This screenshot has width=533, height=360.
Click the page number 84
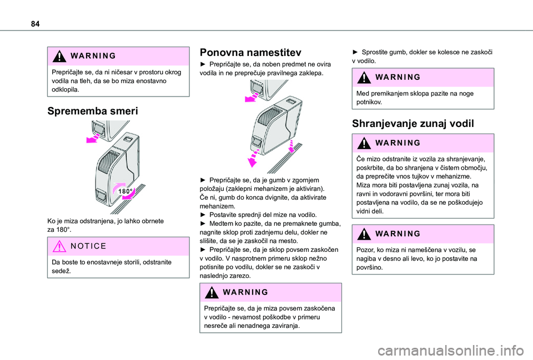click(35, 24)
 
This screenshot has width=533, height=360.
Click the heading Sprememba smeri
click(93, 111)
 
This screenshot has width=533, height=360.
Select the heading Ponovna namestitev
click(250, 53)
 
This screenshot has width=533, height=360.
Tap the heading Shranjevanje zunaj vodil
click(413, 124)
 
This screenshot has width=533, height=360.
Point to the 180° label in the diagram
click(125, 191)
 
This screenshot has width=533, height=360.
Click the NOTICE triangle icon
click(59, 246)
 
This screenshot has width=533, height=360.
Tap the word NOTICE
click(88, 246)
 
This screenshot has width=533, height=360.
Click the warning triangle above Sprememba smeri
click(59, 56)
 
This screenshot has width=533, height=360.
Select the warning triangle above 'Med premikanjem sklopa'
click(364, 78)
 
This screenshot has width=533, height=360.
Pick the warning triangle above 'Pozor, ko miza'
click(364, 234)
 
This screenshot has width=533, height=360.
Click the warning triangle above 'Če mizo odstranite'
click(364, 143)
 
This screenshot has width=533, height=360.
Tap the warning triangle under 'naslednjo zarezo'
click(212, 292)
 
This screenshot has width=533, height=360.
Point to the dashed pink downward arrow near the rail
click(291, 146)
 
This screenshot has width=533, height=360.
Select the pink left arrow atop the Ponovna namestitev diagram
click(253, 98)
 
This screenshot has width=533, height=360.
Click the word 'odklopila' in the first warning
click(66, 90)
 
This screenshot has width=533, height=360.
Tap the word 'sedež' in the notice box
click(61, 271)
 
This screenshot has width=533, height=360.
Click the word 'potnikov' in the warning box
click(369, 102)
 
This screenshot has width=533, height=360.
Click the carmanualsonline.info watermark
click(455, 350)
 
